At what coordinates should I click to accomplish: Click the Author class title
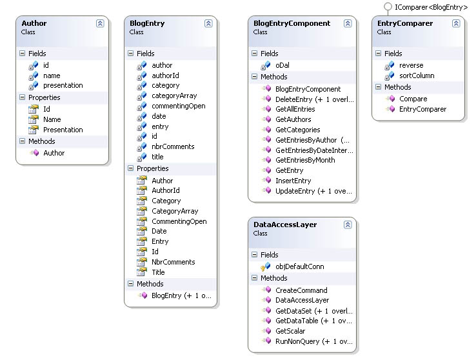pyautogui.click(x=34, y=23)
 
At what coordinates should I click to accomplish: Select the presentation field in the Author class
pyautogui.click(x=63, y=85)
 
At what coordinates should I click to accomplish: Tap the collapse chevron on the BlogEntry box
pyautogui.click(x=208, y=23)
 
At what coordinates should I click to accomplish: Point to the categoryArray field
pyautogui.click(x=174, y=96)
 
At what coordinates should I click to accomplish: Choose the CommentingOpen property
pyautogui.click(x=179, y=221)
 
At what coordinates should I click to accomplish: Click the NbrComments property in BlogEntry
pyautogui.click(x=174, y=262)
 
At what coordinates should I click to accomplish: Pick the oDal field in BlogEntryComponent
pyautogui.click(x=283, y=65)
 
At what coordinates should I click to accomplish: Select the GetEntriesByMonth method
pyautogui.click(x=305, y=160)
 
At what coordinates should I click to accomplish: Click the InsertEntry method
pyautogui.click(x=293, y=181)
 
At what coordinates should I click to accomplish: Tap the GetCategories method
pyautogui.click(x=298, y=130)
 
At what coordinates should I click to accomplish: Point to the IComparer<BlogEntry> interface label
pyautogui.click(x=431, y=7)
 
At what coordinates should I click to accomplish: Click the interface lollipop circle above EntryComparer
pyautogui.click(x=388, y=6)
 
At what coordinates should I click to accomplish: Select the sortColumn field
pyautogui.click(x=417, y=75)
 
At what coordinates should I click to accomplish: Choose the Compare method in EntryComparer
pyautogui.click(x=413, y=99)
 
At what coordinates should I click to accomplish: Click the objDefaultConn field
pyautogui.click(x=300, y=266)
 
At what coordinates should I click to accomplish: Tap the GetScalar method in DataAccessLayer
pyautogui.click(x=290, y=331)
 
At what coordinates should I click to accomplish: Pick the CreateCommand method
pyautogui.click(x=301, y=290)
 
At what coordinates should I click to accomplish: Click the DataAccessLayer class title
pyautogui.click(x=285, y=225)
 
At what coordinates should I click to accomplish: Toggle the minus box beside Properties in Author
pyautogui.click(x=22, y=97)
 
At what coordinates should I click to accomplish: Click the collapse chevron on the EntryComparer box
pyautogui.click(x=456, y=23)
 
